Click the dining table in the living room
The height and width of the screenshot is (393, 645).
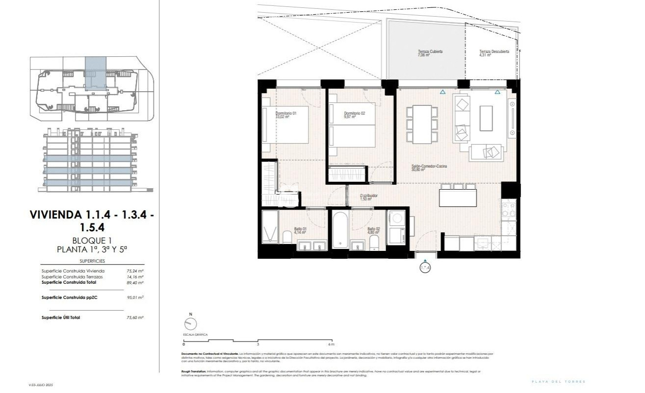tap(421, 124)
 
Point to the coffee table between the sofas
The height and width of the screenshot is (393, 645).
tap(486, 119)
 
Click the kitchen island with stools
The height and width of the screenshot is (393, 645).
tap(458, 197)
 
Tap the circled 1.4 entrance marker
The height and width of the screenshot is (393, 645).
tap(425, 268)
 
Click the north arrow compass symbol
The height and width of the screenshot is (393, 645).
tap(190, 323)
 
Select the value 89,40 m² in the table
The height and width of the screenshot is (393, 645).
tap(135, 283)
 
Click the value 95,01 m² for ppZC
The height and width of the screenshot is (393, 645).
tap(135, 297)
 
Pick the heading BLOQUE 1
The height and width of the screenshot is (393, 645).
tap(93, 241)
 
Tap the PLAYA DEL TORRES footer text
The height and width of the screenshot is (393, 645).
tap(559, 382)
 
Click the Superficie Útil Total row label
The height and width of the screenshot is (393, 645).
tap(61, 318)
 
